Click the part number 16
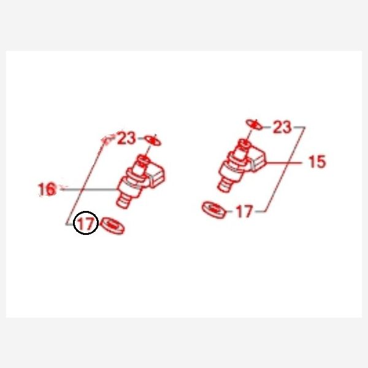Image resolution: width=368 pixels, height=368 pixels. [47, 189]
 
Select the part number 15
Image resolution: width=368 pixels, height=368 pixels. [317, 161]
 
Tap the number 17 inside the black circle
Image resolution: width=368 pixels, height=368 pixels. [86, 223]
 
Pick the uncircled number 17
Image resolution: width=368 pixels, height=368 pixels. [245, 212]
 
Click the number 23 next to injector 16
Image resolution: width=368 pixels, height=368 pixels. [127, 138]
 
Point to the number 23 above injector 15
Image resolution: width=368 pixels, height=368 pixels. [283, 127]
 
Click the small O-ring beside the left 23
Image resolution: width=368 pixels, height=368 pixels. [153, 140]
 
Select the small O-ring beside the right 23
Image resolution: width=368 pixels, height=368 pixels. [255, 124]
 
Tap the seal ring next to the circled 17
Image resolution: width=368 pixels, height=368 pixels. [112, 226]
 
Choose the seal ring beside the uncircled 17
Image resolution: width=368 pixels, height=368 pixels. [214, 210]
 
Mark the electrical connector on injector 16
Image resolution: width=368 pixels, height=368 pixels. [157, 175]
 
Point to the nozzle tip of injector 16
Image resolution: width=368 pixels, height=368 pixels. [123, 202]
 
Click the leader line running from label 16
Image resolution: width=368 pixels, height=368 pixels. [89, 189]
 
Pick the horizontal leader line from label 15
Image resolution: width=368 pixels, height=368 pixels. [284, 163]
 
